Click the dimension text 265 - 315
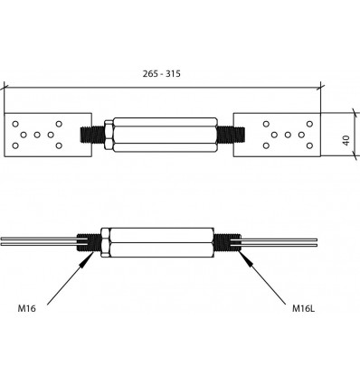pos(162,73)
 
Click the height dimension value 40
pos(346,140)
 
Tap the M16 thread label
pos(27,308)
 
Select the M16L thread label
pos(304,308)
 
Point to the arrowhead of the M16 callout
pos(89,259)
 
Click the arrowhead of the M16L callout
pos(245,258)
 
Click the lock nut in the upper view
pos(109,135)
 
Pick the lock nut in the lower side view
pos(105,242)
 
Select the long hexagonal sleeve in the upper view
pos(165,135)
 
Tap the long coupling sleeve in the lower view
pos(162,242)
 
